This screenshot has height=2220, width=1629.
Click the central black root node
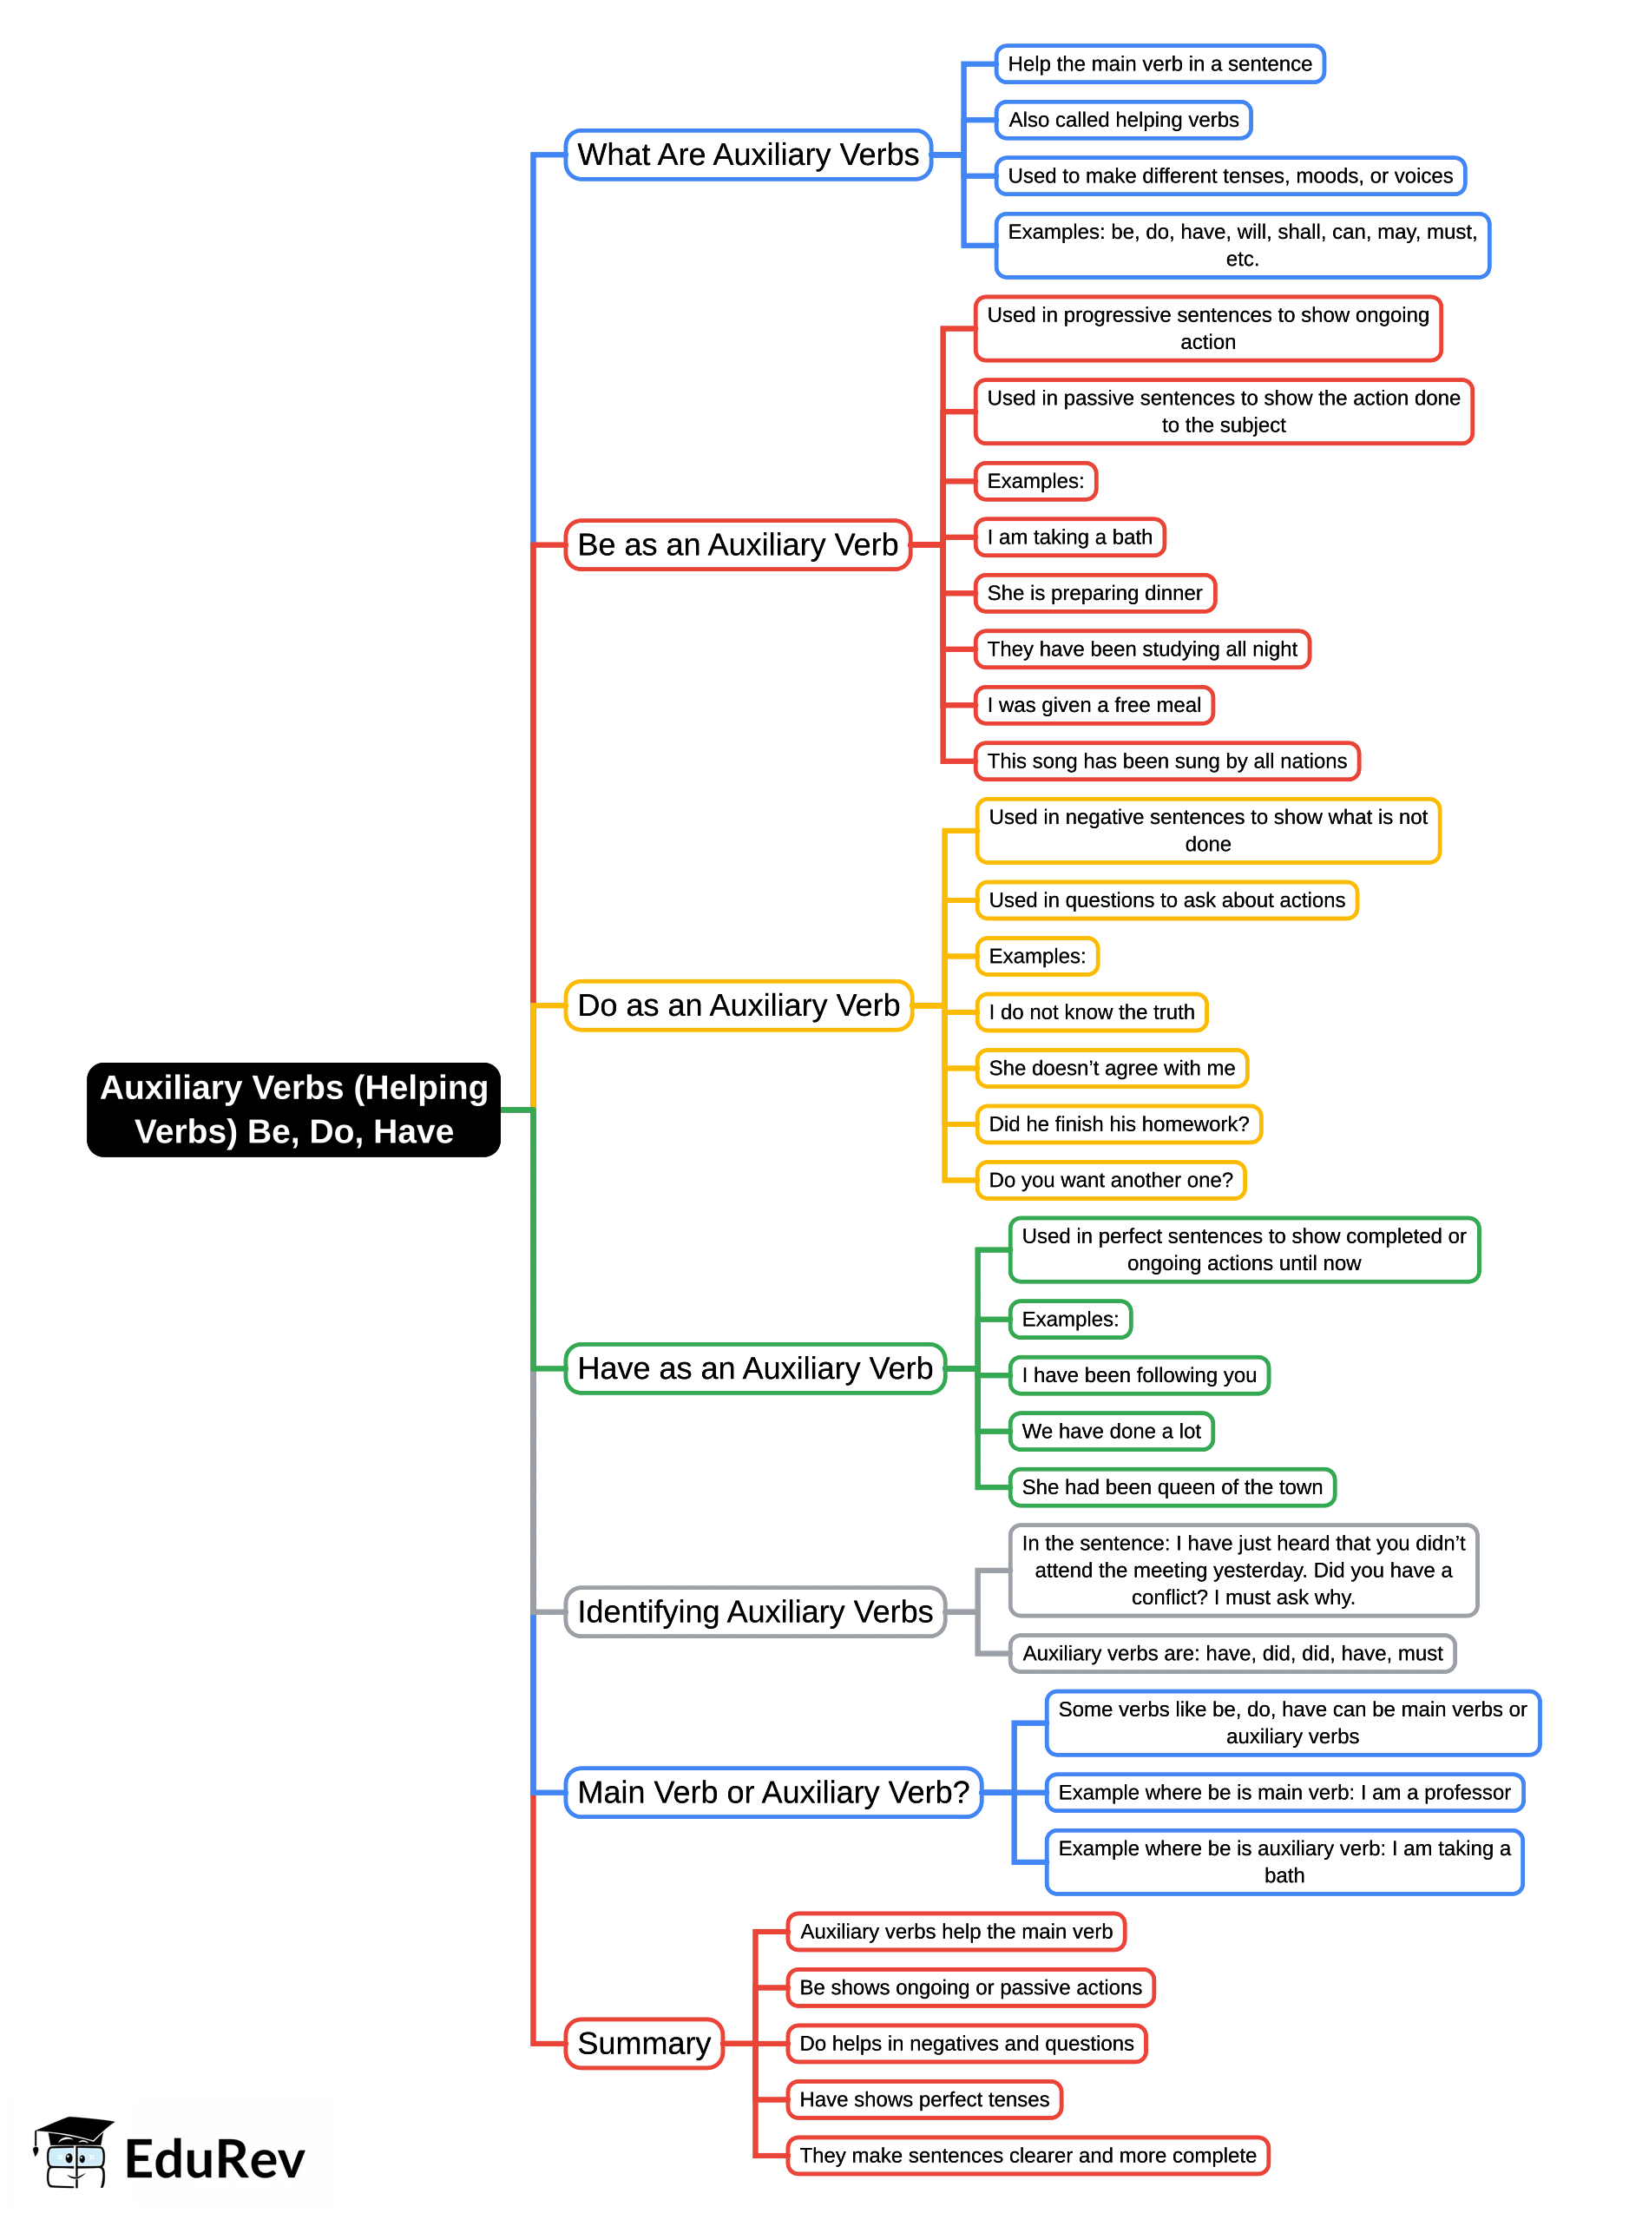click(x=294, y=1109)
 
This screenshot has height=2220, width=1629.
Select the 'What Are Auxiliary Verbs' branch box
click(x=747, y=155)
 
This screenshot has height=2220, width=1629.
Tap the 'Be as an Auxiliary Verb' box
click(x=738, y=544)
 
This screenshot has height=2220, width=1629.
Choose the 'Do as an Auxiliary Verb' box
click(x=739, y=1005)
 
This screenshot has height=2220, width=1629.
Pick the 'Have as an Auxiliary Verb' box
click(x=754, y=1368)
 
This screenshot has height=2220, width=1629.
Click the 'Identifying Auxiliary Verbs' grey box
click(x=754, y=1611)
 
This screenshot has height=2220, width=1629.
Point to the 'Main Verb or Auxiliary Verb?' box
click(x=773, y=1792)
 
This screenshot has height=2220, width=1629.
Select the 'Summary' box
click(x=644, y=2044)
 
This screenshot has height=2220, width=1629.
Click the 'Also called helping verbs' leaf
click(x=1123, y=121)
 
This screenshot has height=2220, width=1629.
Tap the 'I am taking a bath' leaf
click(x=1070, y=537)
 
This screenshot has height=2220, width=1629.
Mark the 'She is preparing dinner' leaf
click(x=1094, y=594)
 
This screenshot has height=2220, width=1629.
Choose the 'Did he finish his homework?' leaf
click(x=1118, y=1124)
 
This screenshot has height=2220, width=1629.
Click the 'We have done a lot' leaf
click(x=1111, y=1431)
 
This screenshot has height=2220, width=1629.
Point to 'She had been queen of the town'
click(x=1172, y=1487)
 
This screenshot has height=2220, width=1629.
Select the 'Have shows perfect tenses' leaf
click(x=924, y=2099)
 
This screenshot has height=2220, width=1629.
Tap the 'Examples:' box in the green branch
click(x=1070, y=1320)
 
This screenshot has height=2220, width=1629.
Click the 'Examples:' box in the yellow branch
click(x=1037, y=957)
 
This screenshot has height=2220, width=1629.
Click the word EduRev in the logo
click(x=215, y=2160)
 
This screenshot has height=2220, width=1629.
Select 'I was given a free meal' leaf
click(x=1094, y=705)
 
